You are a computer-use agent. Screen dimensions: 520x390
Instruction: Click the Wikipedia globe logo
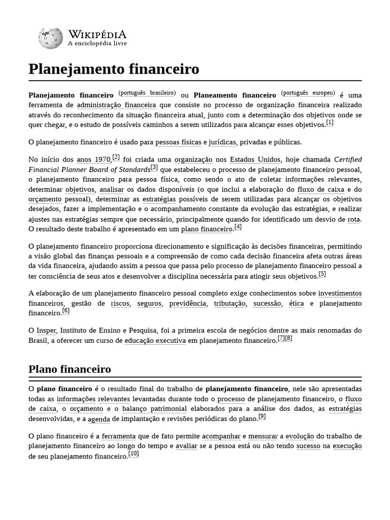pyautogui.click(x=50, y=38)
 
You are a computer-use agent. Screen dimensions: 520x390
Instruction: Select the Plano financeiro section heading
pyautogui.click(x=70, y=369)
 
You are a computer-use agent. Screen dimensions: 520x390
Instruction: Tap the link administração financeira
pyautogui.click(x=116, y=105)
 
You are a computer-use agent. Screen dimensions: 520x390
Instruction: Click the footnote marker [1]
pyautogui.click(x=330, y=122)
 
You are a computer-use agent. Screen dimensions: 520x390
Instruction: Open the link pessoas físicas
pyautogui.click(x=178, y=142)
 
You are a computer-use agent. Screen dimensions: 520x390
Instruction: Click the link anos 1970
pyautogui.click(x=93, y=159)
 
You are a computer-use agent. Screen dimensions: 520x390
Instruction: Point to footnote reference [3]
pyautogui.click(x=154, y=167)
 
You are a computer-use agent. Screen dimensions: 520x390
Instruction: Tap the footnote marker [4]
pyautogui.click(x=238, y=226)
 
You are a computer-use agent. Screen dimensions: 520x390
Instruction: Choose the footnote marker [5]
pyautogui.click(x=322, y=274)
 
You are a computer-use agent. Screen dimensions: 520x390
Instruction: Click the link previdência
pyautogui.click(x=188, y=303)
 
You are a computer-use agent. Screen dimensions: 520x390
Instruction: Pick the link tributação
pyautogui.click(x=230, y=303)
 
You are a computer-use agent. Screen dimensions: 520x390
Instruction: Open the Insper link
pyautogui.click(x=46, y=330)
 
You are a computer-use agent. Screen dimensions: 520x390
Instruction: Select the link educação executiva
pyautogui.click(x=155, y=340)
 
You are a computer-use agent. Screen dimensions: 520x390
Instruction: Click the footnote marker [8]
pyautogui.click(x=288, y=338)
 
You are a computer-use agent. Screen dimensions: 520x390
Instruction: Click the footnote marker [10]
pyautogui.click(x=134, y=453)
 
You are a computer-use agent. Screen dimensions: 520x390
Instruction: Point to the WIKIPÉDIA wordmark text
pyautogui.click(x=97, y=35)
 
